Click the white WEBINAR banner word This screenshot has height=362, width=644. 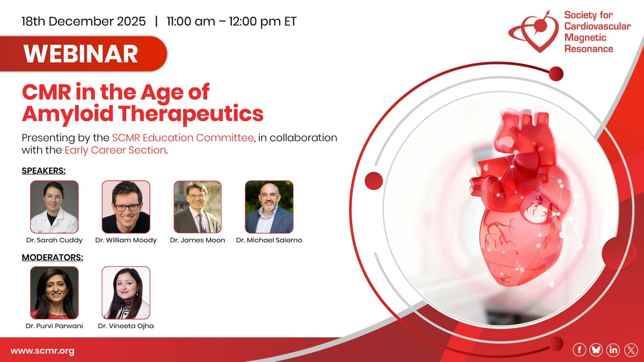(80, 54)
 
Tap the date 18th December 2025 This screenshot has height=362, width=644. (84, 21)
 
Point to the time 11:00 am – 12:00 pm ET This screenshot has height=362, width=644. (231, 21)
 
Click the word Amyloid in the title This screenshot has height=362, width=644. (68, 114)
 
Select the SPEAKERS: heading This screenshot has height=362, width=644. (43, 171)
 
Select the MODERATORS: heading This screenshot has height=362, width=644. (53, 257)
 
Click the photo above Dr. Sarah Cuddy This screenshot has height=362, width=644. (54, 207)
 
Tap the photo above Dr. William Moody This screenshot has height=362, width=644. (126, 207)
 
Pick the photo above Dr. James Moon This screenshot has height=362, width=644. (197, 207)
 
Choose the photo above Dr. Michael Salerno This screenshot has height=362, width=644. (269, 207)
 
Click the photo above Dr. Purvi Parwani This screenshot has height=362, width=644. (54, 293)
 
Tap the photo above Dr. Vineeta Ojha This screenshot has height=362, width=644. (126, 293)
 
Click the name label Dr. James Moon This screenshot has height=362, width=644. (197, 240)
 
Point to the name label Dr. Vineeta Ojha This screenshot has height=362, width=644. (126, 326)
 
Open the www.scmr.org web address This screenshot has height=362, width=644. (42, 351)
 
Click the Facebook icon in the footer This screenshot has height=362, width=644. (579, 350)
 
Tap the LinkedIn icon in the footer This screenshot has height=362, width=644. (613, 350)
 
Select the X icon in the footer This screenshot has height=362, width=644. (631, 350)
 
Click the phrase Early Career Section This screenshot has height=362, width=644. (115, 150)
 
